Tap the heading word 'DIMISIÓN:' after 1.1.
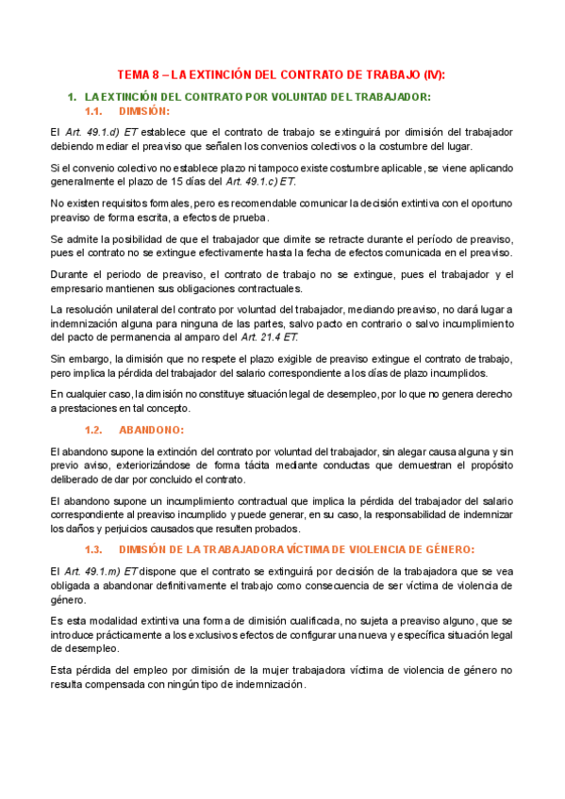pyautogui.click(x=160, y=111)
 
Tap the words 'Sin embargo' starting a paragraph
pyautogui.click(x=78, y=359)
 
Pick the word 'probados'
pyautogui.click(x=300, y=530)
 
